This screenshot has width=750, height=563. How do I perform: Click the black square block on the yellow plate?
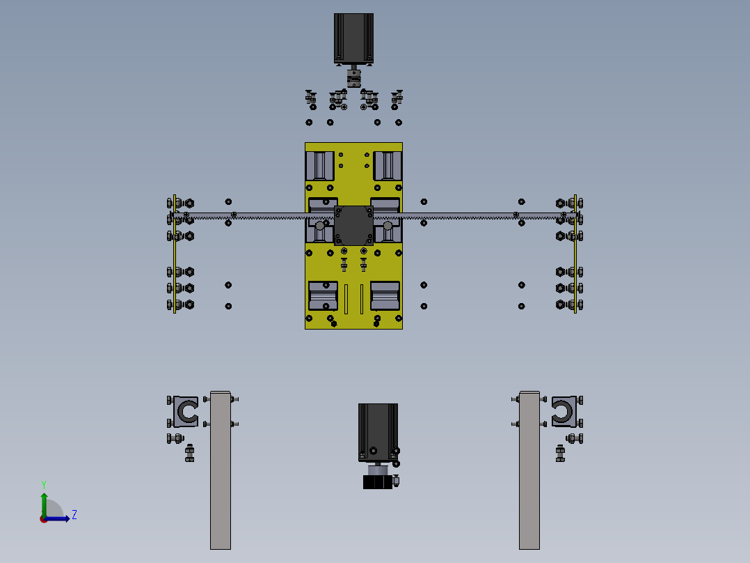pos(353,225)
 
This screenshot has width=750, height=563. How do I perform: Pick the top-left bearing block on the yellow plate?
pos(320,166)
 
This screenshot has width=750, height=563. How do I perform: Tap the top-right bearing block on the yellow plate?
pos(388,166)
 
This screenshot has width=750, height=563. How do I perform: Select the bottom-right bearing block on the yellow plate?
pos(385,295)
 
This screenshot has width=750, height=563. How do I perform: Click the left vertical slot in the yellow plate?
pos(346,299)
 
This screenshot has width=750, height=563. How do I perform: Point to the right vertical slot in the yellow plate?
pos(361,299)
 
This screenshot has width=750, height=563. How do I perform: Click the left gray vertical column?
pos(221,470)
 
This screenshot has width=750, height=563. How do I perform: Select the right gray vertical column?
pos(529,470)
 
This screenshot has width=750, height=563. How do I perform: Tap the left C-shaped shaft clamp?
pos(186,412)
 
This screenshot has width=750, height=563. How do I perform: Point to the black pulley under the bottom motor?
pos(378,482)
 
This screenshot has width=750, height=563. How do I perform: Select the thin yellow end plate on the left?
pos(175,254)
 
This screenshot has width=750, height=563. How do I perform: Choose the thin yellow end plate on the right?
pos(575,254)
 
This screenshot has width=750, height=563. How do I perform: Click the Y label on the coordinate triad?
pos(43,483)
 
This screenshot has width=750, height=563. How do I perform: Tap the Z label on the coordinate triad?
pos(74,515)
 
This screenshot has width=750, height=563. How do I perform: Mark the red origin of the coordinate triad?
pos(43,518)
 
